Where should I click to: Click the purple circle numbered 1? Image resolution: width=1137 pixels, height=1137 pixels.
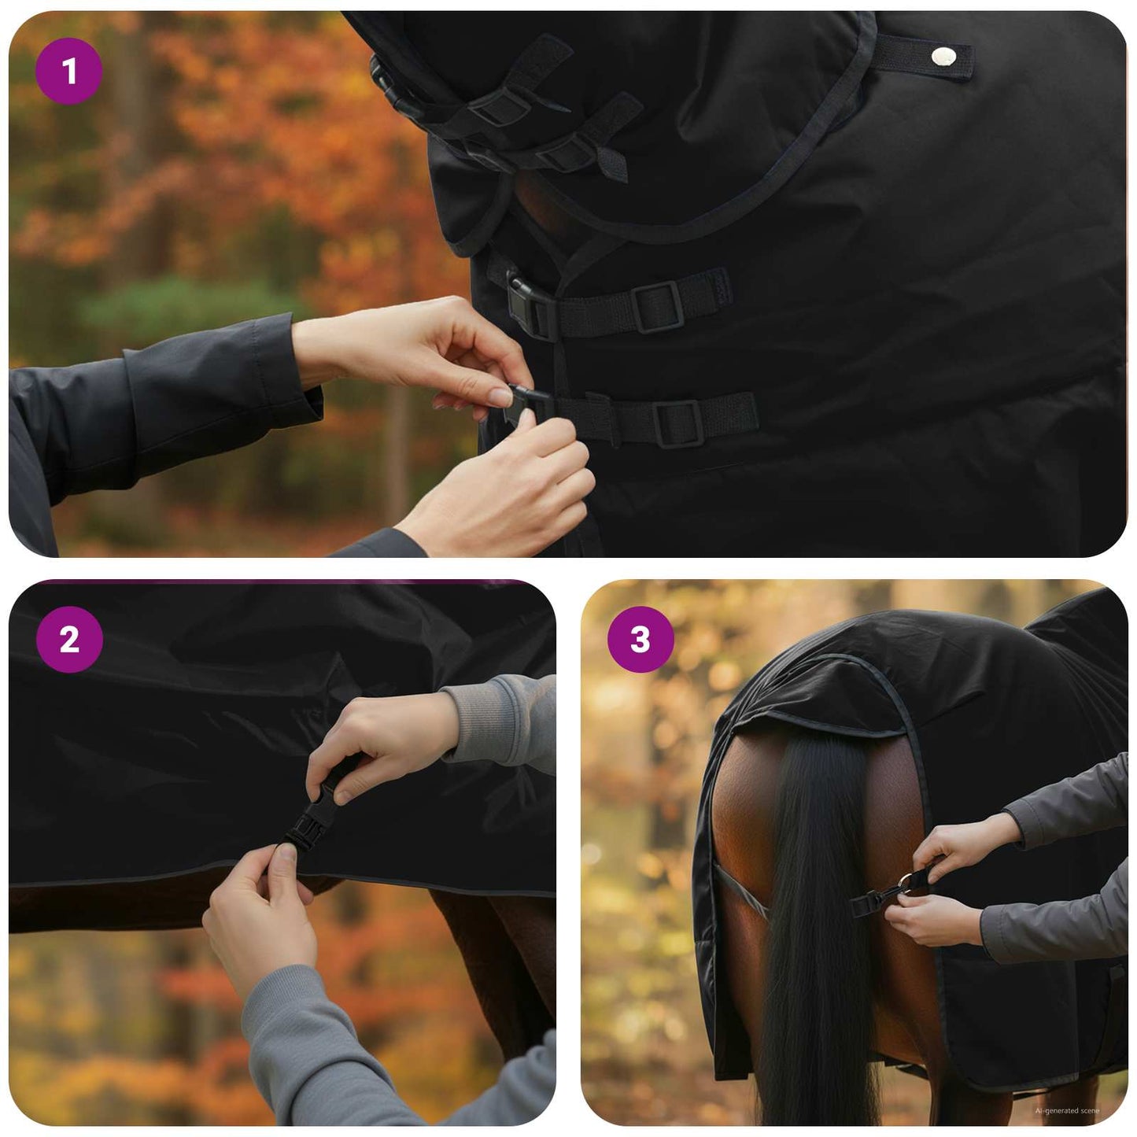[69, 72]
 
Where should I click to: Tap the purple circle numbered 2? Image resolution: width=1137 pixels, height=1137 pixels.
[69, 639]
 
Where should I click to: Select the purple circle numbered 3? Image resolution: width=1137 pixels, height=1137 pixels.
[640, 639]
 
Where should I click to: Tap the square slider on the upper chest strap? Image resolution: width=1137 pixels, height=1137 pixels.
[657, 308]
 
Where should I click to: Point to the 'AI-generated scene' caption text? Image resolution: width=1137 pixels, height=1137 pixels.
[1067, 1110]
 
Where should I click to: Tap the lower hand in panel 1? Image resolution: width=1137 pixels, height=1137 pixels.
[511, 480]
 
